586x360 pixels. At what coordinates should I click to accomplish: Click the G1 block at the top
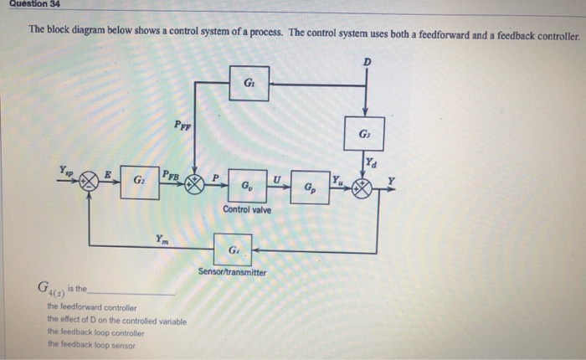pyautogui.click(x=249, y=84)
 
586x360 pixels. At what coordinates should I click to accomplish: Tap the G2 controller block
pyautogui.click(x=138, y=183)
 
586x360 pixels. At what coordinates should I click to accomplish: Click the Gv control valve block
pyautogui.click(x=244, y=184)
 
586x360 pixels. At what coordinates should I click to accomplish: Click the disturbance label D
pyautogui.click(x=366, y=63)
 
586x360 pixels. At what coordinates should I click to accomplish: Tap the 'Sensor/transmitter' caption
pyautogui.click(x=232, y=272)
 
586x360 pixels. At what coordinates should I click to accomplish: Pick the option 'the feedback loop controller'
pyautogui.click(x=95, y=332)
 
